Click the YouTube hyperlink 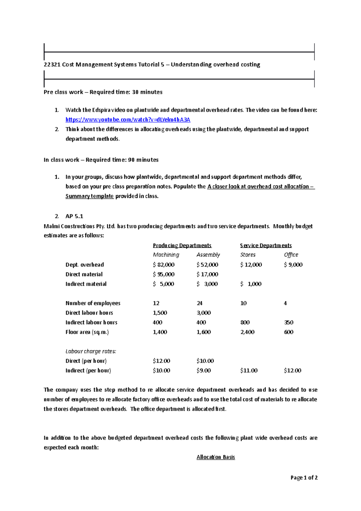pyautogui.click(x=128, y=120)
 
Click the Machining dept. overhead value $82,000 pyautogui.click(x=164, y=265)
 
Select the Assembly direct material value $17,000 pyautogui.click(x=207, y=274)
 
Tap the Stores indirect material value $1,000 pyautogui.click(x=251, y=284)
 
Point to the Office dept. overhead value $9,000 pyautogui.click(x=293, y=265)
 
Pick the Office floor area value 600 pyautogui.click(x=289, y=332)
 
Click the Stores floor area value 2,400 pyautogui.click(x=247, y=332)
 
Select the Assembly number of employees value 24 pyautogui.click(x=199, y=303)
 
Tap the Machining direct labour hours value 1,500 pyautogui.click(x=160, y=313)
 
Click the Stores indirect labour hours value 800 pyautogui.click(x=245, y=323)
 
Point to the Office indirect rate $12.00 pyautogui.click(x=292, y=371)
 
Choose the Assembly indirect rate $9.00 pyautogui.click(x=204, y=371)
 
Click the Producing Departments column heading pyautogui.click(x=182, y=246)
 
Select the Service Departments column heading pyautogui.click(x=266, y=246)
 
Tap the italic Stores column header pyautogui.click(x=248, y=255)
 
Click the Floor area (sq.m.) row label pyautogui.click(x=87, y=332)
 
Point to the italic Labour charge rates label pyautogui.click(x=91, y=352)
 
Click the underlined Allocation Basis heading pyautogui.click(x=216, y=457)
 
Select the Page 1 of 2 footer pyautogui.click(x=304, y=478)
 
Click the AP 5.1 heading pyautogui.click(x=74, y=216)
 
